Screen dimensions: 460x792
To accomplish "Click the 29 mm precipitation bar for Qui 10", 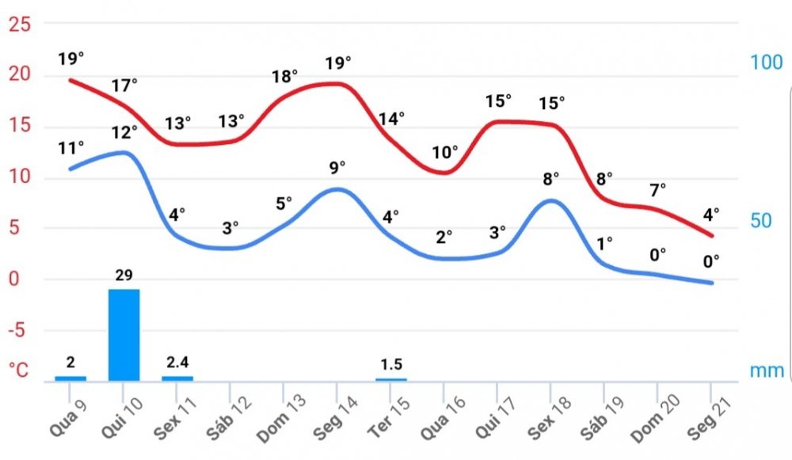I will (124, 334).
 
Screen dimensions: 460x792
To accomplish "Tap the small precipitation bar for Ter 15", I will (391, 379).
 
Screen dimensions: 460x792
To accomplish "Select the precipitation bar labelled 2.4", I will (177, 378).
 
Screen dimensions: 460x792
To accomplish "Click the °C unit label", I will (17, 370).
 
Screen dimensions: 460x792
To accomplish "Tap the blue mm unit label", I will (767, 371).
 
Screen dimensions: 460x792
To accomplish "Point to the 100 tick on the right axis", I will (766, 63).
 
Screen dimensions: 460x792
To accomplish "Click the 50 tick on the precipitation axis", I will (761, 220).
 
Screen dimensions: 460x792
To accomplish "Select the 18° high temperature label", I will (284, 77).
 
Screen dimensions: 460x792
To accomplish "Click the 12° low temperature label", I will (124, 132).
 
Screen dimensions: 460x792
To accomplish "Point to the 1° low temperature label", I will (605, 244).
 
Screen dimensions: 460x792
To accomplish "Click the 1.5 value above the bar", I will (391, 364).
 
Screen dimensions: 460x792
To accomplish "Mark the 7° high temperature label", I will (658, 189).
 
